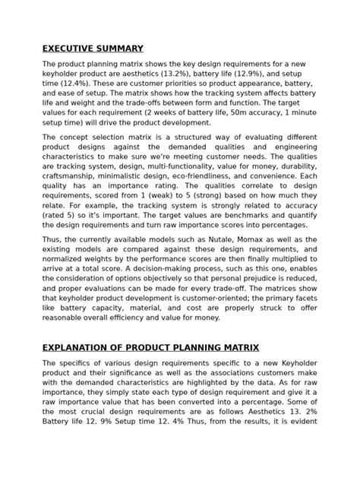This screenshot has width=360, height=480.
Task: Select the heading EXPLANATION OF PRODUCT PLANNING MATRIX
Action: pyautogui.click(x=150, y=347)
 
